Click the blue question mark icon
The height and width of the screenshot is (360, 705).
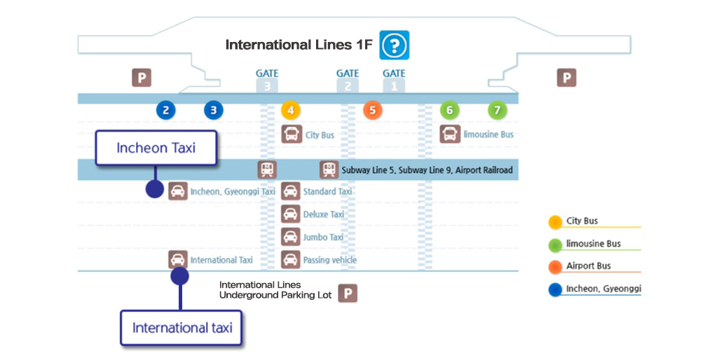(394, 46)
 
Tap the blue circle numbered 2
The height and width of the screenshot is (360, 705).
(165, 110)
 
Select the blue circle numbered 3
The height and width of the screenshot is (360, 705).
(213, 110)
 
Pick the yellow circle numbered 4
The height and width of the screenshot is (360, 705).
(291, 110)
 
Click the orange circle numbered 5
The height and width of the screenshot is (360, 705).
(373, 110)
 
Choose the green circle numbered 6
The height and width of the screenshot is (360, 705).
(449, 110)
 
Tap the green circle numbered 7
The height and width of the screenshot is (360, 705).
(497, 110)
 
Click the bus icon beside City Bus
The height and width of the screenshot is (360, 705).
(291, 134)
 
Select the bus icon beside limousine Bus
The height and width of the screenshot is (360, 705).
(450, 134)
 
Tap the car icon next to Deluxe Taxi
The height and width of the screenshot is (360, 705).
(291, 214)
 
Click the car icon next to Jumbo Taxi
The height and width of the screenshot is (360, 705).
(291, 237)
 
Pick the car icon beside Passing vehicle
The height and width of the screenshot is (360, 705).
(291, 260)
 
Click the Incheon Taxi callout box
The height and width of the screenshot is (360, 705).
(156, 148)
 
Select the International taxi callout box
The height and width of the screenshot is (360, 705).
(182, 328)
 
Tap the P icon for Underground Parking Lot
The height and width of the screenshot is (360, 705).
(348, 293)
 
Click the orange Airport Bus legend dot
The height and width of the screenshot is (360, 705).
(555, 267)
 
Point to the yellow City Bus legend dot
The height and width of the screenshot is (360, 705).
(555, 222)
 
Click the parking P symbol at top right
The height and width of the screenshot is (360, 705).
(566, 78)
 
